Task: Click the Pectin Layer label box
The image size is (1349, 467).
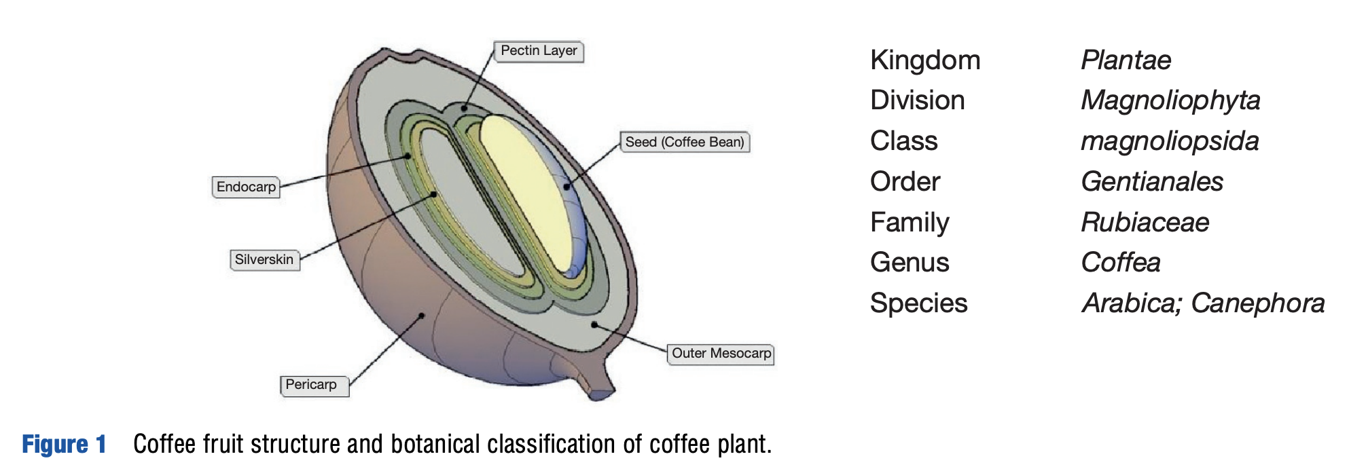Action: click(x=539, y=52)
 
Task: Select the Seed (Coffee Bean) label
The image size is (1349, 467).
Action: click(x=685, y=143)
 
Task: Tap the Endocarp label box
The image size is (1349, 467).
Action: click(x=246, y=187)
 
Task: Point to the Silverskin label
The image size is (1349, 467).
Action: click(x=264, y=260)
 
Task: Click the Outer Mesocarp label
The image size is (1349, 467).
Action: click(x=721, y=354)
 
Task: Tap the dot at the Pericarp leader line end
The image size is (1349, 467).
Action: click(x=422, y=316)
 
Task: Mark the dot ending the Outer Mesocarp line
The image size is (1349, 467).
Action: click(x=594, y=324)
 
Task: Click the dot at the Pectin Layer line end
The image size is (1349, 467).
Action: click(x=465, y=108)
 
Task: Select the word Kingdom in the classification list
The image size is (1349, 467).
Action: click(x=925, y=60)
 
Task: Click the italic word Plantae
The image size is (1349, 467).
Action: click(x=1126, y=60)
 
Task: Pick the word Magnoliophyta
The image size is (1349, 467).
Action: click(x=1170, y=100)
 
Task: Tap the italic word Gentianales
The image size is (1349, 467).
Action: click(x=1152, y=182)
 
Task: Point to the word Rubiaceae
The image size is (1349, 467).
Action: click(x=1145, y=223)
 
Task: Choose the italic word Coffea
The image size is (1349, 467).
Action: click(x=1121, y=263)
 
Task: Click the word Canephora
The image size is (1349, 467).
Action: click(x=1258, y=303)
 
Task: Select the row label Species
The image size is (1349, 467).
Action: click(x=918, y=303)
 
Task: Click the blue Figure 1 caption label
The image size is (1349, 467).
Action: click(x=64, y=445)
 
